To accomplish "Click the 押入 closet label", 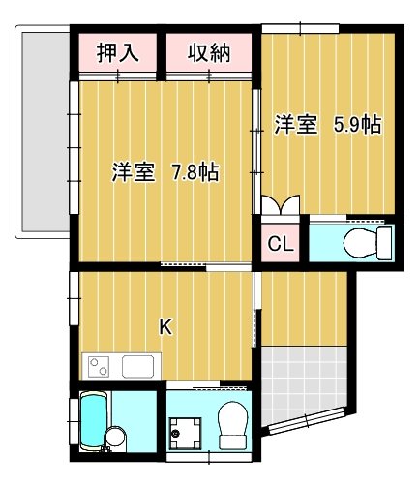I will (119, 52).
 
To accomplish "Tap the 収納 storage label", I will (208, 52).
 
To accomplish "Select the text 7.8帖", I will (195, 173).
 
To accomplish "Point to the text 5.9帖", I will (357, 124).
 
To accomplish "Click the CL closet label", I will (280, 243).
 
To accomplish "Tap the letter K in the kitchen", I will (165, 327).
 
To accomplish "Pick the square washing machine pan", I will (188, 427).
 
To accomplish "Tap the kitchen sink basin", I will (137, 366).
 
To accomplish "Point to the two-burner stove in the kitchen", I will (102, 366).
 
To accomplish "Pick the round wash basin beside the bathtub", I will (115, 437).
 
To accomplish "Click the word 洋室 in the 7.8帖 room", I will (132, 173).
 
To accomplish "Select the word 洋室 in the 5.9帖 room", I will (295, 124).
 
